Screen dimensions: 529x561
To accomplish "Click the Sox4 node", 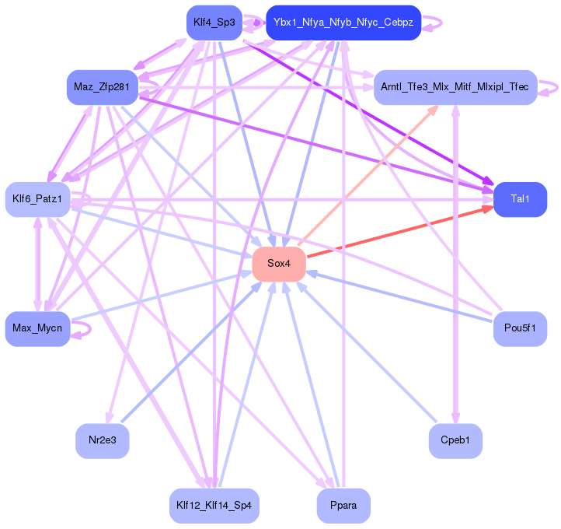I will coord(278,264).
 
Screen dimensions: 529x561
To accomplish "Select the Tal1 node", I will coord(520,199).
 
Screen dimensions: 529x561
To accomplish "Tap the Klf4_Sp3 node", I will coord(214,23).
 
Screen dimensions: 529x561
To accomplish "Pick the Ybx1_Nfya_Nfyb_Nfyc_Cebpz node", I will coord(343,23).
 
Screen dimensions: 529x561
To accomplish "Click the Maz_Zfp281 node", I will coord(101,86).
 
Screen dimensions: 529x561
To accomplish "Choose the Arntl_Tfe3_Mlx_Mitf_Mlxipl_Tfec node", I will coord(455,86).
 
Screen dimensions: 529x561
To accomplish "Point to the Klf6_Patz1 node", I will coord(38,199).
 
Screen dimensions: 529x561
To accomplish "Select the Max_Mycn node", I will coord(37,328).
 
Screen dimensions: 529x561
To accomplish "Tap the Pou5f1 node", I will coord(520,328).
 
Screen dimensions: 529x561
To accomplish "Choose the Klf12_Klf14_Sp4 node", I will coord(214,506).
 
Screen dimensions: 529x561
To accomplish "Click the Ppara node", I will coord(343,506).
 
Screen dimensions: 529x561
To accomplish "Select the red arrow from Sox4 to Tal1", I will coord(396,232).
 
